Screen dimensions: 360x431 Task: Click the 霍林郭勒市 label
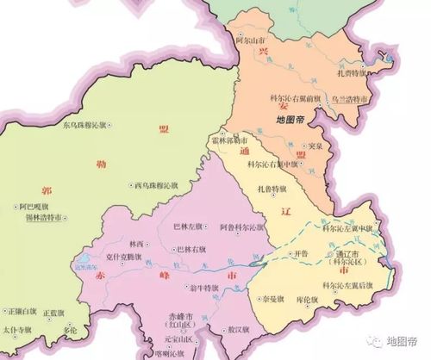229,140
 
